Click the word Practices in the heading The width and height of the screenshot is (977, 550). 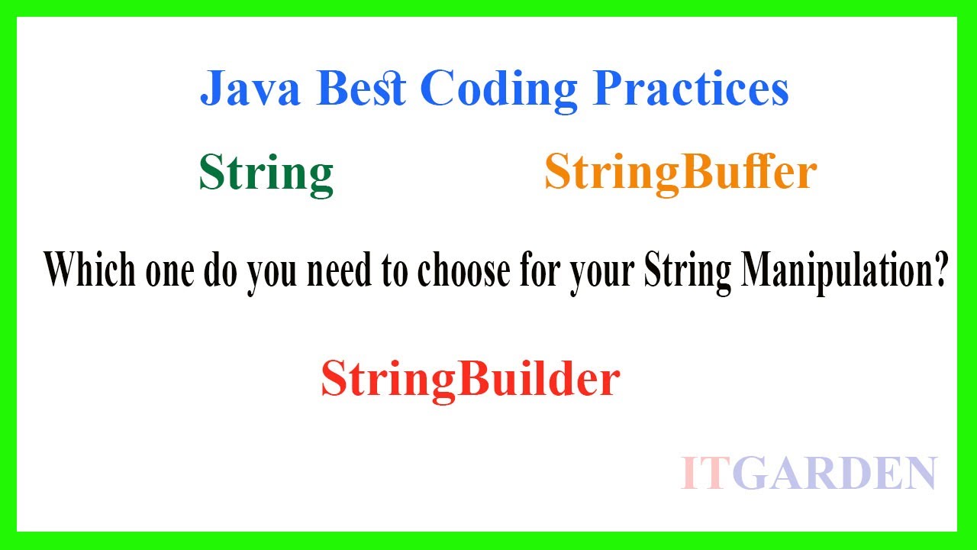(x=691, y=90)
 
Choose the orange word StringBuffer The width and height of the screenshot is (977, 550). (x=680, y=173)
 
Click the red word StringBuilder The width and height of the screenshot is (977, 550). (x=469, y=379)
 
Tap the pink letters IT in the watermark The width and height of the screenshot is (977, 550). (x=702, y=473)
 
